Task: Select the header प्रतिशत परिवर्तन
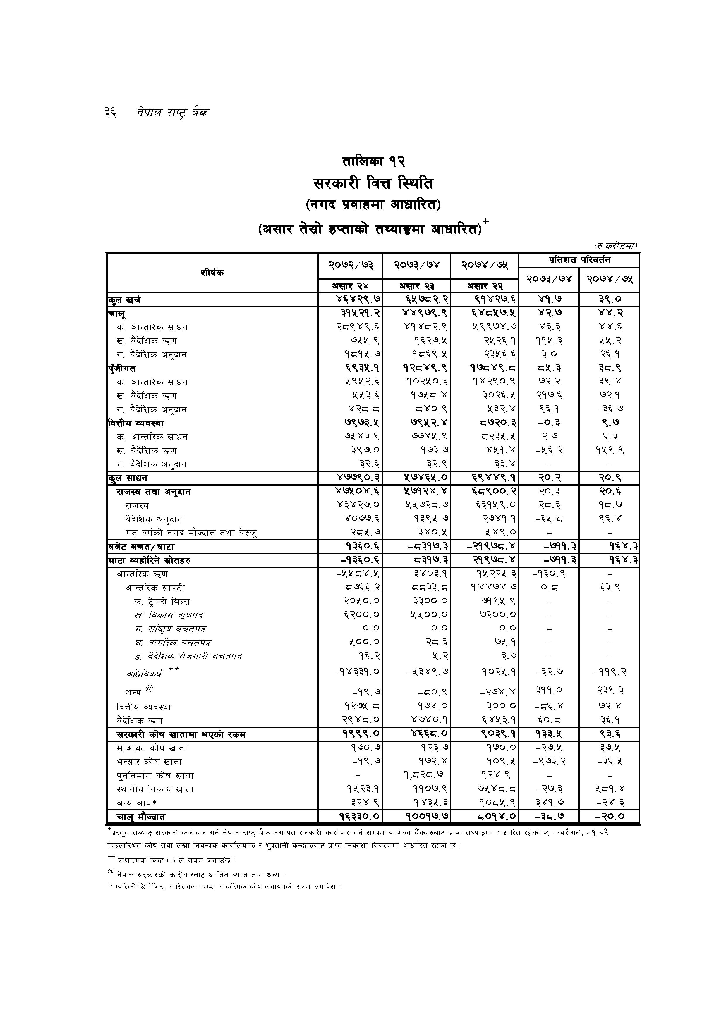[x=579, y=260]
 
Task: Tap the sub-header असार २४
[x=350, y=286]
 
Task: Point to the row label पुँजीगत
[x=122, y=369]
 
